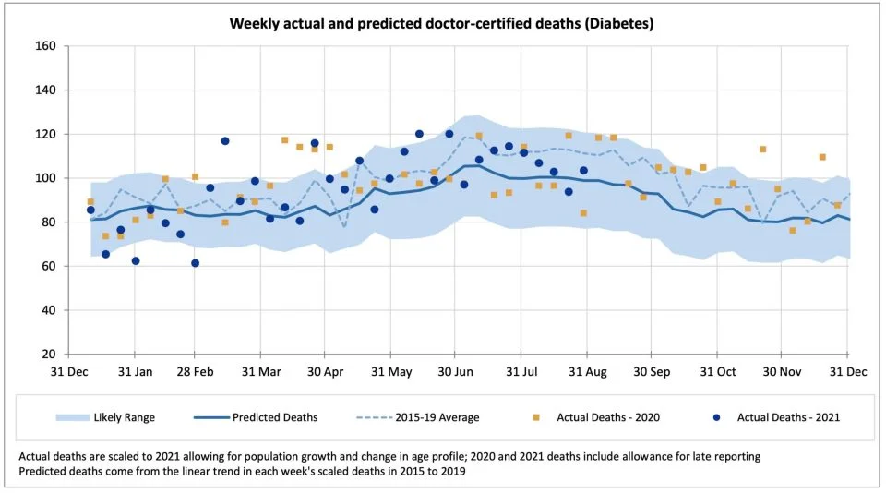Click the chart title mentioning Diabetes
441,23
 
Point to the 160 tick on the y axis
46,46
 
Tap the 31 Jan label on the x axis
135,373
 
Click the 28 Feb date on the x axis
195,373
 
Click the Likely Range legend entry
124,417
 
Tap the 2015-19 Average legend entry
443,417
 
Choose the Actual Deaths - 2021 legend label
788,417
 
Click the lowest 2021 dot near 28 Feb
195,263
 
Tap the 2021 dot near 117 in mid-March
225,141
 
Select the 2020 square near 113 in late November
762,150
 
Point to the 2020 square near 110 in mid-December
822,157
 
